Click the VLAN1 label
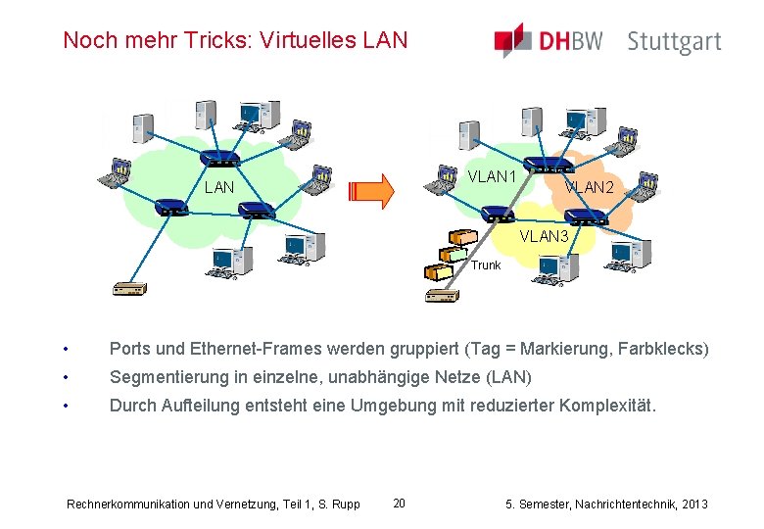point(493,177)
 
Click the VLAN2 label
point(589,186)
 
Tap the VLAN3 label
point(545,237)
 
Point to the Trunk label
point(485,265)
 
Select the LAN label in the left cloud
point(219,187)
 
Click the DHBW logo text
point(571,41)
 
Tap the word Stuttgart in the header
point(674,42)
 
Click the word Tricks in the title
point(202,40)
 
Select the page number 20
point(399,504)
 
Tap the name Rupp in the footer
point(346,505)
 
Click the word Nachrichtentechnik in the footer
point(617,504)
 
